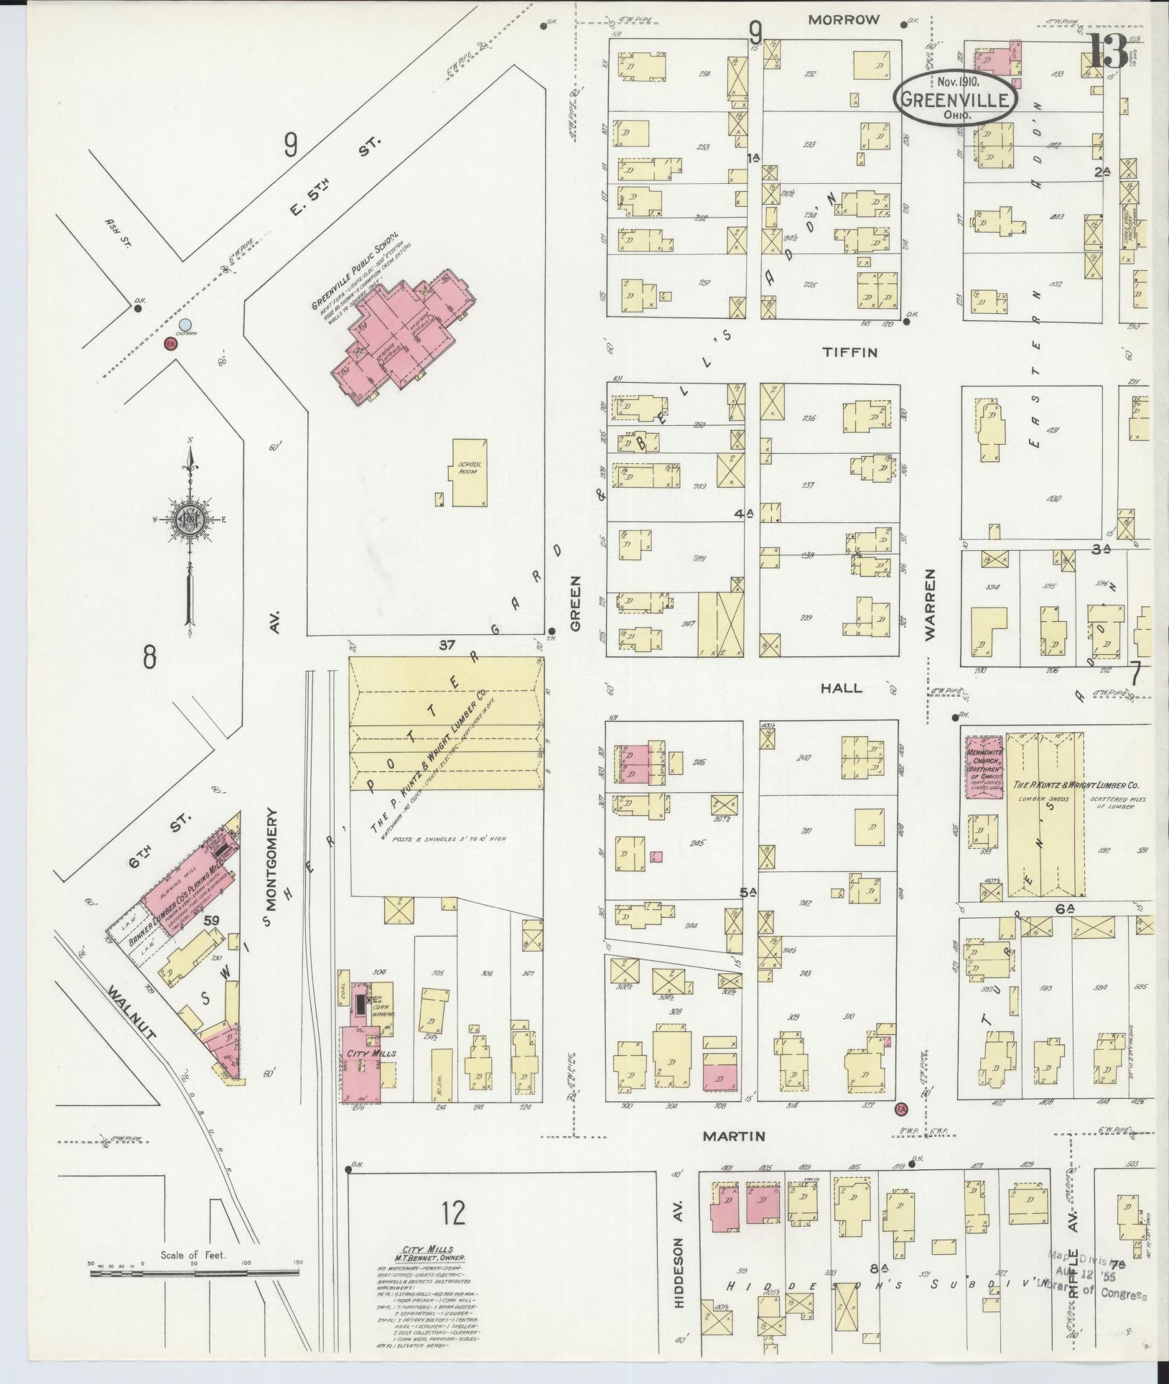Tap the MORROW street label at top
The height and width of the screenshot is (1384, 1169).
(x=843, y=20)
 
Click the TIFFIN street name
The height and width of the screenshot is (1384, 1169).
(x=850, y=353)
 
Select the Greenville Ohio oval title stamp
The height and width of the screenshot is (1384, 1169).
(x=955, y=98)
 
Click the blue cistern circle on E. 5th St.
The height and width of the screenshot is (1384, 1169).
(x=186, y=325)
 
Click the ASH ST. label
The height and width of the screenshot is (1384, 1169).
(x=116, y=231)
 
